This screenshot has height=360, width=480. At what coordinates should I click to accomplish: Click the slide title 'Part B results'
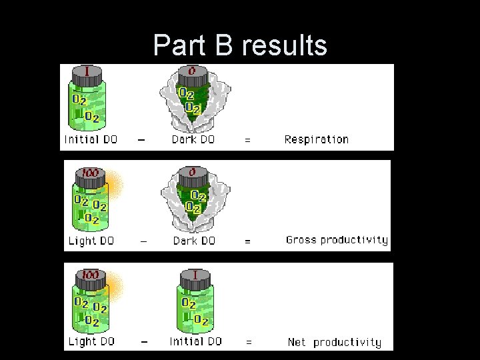pos(240,45)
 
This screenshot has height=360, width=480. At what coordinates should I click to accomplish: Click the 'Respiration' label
pos(316,139)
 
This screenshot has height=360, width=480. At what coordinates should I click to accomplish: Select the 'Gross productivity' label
pos(337,240)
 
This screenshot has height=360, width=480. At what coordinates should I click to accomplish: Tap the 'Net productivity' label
pos(335,342)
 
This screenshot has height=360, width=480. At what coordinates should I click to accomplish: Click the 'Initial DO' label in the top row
pos(91,139)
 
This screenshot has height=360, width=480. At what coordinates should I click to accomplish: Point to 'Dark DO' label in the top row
pos(194,139)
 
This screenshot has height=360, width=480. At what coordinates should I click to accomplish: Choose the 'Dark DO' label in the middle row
pos(194,241)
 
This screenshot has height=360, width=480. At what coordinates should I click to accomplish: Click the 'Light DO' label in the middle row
pos(91,241)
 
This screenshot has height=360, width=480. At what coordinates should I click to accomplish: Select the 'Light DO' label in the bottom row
pos(91,341)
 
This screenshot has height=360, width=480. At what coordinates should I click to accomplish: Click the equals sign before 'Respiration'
pos(248,141)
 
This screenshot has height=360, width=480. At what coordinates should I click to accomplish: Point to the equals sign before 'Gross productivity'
pos(248,241)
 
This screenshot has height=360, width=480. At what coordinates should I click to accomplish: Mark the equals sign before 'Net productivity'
pos(249,342)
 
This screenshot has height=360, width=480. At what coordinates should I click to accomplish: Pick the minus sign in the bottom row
pos(143,341)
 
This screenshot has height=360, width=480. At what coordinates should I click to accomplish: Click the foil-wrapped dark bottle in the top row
pos(193,100)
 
